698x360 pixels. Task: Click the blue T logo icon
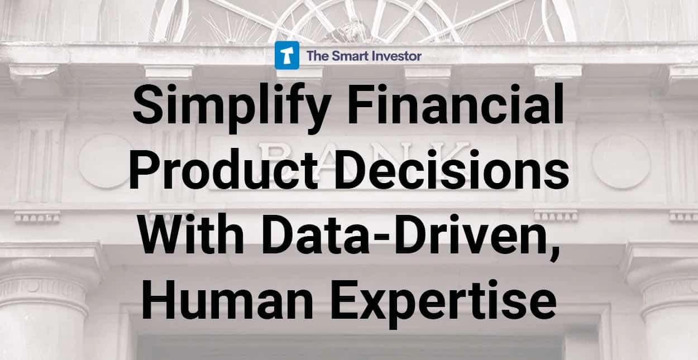coord(286,55)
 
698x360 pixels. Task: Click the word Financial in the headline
coord(456,104)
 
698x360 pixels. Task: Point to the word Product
coord(223,170)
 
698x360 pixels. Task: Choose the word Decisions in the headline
coord(452,170)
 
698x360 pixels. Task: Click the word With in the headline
coord(192,234)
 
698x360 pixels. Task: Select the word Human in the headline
coord(227,300)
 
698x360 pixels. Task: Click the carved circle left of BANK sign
coord(104,162)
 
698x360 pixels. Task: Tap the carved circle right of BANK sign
coord(621,162)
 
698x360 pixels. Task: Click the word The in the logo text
coord(318,56)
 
